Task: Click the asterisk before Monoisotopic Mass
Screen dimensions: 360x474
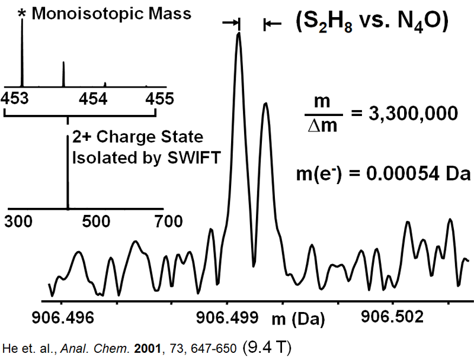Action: [23, 12]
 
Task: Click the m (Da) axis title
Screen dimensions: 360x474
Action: [299, 320]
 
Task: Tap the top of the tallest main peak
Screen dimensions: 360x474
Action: [239, 34]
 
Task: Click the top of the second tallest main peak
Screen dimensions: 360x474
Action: [265, 103]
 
